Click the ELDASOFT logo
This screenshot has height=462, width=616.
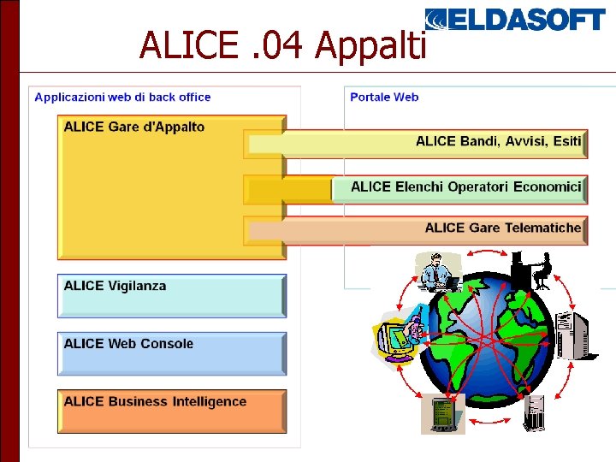[x=515, y=19]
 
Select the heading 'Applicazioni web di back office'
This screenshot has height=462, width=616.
[x=122, y=97]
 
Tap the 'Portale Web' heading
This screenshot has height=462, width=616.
[x=384, y=97]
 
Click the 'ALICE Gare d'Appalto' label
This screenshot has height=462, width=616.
[x=134, y=127]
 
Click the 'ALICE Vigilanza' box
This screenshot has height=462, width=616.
[x=171, y=295]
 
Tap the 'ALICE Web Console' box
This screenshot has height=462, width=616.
[x=171, y=353]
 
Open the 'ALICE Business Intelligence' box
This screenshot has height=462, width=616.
[x=171, y=411]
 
